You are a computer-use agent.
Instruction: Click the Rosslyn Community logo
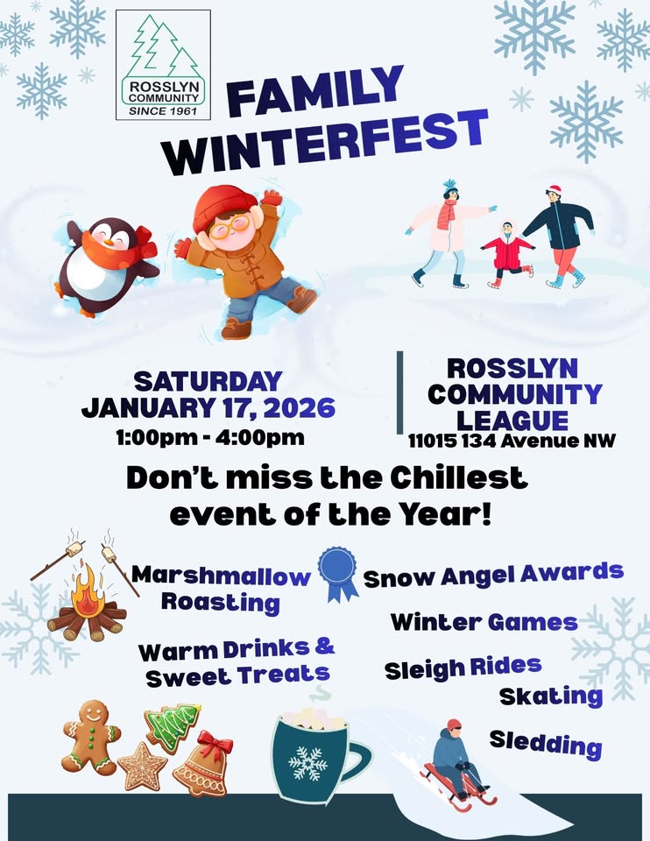click(x=164, y=65)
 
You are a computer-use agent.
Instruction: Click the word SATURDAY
click(x=208, y=382)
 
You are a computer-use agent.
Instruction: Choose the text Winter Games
click(x=484, y=622)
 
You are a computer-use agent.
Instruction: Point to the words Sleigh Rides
click(x=463, y=668)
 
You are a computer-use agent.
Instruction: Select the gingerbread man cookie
click(x=90, y=736)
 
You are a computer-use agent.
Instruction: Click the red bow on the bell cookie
click(x=214, y=746)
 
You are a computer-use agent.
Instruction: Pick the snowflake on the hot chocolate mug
click(x=307, y=763)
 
